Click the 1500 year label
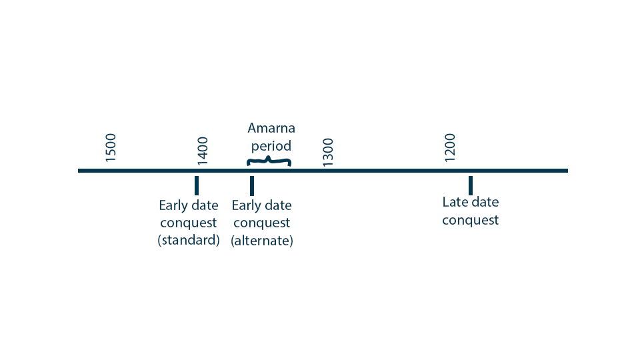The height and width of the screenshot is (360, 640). point(111,148)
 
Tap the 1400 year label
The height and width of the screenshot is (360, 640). point(203,151)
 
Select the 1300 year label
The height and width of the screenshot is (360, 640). point(328,153)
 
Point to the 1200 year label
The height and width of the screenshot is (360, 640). point(449,148)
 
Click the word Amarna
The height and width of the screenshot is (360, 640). point(271,128)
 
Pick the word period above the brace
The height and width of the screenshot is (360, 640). point(271,146)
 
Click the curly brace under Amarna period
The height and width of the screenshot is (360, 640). point(269,161)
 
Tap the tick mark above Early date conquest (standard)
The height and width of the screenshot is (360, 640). point(197,186)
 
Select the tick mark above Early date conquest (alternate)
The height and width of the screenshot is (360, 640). point(252,186)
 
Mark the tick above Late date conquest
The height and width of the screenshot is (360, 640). point(471,186)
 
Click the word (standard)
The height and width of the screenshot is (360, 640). point(189,240)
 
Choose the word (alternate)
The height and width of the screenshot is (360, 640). point(261,241)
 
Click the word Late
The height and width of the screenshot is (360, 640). point(454,202)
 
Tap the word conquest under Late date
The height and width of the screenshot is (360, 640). point(470,221)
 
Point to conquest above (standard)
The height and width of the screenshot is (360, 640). point(189,223)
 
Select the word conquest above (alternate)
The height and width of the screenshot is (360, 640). point(261,223)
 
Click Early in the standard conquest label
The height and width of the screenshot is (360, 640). point(172,206)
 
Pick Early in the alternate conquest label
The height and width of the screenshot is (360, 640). point(245,206)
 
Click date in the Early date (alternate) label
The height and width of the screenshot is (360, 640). point(277,205)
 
